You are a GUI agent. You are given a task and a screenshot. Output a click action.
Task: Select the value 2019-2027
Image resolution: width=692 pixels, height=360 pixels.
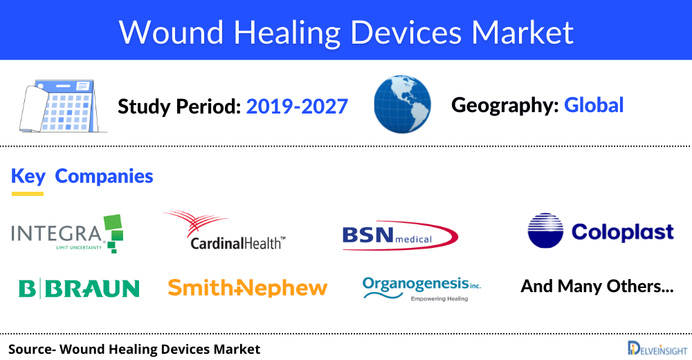click(297, 106)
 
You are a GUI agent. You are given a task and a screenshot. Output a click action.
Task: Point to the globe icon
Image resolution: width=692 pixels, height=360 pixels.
click(401, 105)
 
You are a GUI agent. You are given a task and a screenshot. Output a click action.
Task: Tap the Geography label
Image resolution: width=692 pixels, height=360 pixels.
click(504, 105)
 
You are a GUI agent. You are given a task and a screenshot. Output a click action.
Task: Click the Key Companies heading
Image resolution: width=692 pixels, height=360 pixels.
click(82, 176)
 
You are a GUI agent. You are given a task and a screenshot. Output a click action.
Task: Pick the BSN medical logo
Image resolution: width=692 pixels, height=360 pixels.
click(399, 235)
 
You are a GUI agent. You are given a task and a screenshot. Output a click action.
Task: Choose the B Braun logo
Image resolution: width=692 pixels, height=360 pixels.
click(79, 288)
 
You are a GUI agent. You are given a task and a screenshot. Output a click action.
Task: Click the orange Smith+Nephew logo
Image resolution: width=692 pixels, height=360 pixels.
click(247, 287)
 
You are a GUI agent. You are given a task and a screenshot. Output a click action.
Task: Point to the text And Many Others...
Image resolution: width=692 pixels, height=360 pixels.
click(597, 286)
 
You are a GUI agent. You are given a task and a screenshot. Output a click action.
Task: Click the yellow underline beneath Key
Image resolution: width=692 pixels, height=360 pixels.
click(28, 193)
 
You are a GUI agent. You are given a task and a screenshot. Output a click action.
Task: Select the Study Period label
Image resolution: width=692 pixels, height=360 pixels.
click(179, 107)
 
